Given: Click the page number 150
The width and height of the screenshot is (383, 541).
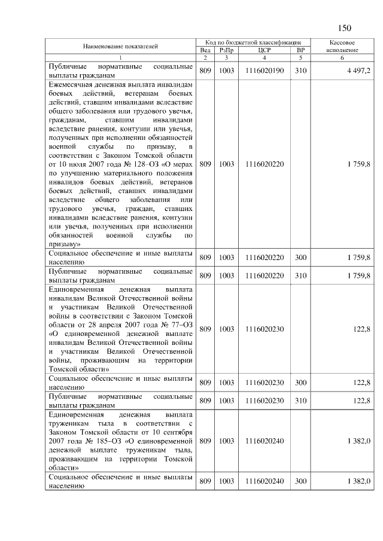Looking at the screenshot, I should (x=344, y=27).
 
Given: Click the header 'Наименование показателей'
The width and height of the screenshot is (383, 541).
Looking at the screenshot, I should (x=120, y=47).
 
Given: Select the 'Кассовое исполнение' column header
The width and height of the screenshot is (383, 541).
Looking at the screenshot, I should (x=342, y=47).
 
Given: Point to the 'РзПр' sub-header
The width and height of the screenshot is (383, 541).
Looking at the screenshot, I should (x=226, y=51).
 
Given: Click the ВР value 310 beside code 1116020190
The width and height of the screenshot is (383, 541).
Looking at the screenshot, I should (x=300, y=71).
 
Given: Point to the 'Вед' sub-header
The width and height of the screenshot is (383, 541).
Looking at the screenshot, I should (x=205, y=51).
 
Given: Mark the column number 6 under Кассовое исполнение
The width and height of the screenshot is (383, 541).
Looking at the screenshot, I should (x=342, y=58).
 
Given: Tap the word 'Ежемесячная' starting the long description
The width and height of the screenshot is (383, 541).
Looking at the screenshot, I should (x=69, y=85).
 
